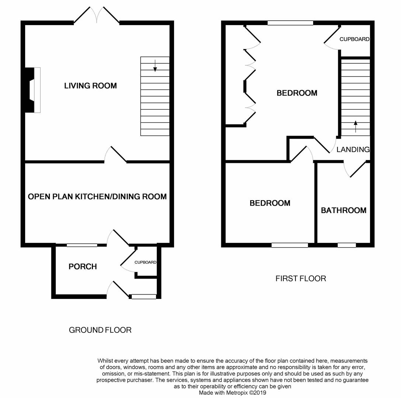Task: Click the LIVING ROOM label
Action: click(90, 86)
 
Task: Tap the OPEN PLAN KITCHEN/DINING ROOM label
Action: click(97, 197)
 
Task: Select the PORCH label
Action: click(83, 266)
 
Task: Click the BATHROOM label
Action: click(343, 210)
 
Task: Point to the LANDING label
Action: click(353, 150)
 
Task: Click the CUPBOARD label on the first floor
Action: click(354, 39)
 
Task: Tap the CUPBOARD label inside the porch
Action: click(145, 262)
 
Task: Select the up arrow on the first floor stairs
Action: click(356, 126)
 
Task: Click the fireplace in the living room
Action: click(32, 90)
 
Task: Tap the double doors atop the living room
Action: click(97, 15)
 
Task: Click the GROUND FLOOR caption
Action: click(100, 330)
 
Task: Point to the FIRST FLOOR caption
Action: click(301, 279)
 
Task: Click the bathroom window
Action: click(347, 245)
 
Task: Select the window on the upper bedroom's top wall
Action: click(290, 23)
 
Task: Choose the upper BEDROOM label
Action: click(297, 93)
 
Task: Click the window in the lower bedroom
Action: click(290, 245)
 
